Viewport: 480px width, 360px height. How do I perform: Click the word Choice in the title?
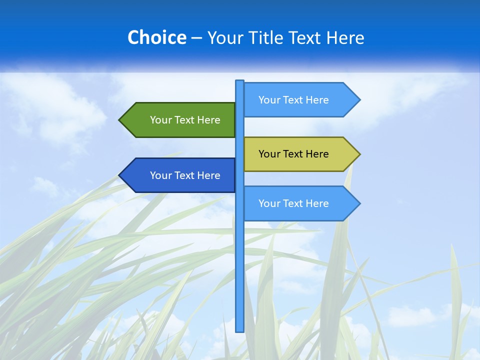156,37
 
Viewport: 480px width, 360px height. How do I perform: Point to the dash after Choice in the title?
196,38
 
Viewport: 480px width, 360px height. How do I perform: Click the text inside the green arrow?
185,120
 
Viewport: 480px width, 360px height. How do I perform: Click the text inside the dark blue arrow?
185,175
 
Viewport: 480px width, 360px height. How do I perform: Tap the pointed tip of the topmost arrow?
359,100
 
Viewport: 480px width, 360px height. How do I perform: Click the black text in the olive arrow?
293,154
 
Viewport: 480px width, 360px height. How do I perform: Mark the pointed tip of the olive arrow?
359,154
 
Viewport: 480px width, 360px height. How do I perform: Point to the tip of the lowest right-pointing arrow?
359,203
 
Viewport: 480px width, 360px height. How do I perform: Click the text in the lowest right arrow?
293,203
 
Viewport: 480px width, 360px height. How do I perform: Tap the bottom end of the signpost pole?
240,330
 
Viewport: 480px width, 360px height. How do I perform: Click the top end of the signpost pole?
240,82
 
